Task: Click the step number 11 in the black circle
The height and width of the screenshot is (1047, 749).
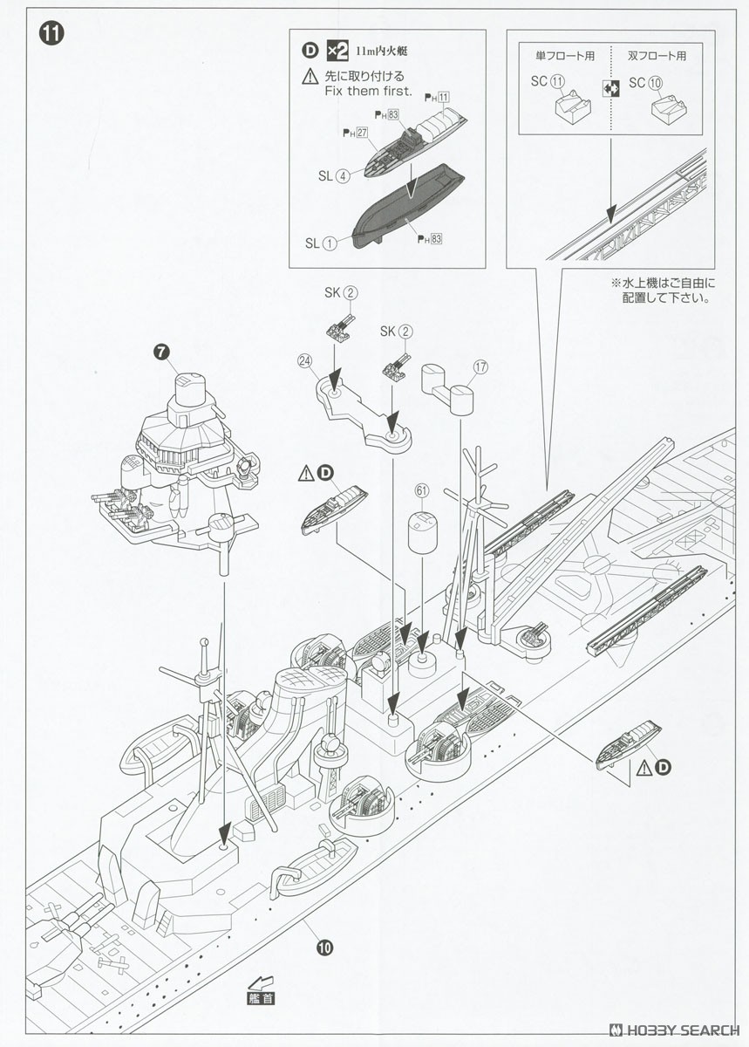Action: [x=50, y=34]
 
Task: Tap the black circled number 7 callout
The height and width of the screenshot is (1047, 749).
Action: [x=160, y=352]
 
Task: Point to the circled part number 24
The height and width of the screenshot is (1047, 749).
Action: [x=304, y=359]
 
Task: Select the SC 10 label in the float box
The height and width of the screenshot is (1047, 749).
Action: [x=647, y=83]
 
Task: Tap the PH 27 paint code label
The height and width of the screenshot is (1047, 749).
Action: [x=354, y=133]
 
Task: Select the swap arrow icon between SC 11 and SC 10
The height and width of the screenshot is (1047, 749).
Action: [x=609, y=86]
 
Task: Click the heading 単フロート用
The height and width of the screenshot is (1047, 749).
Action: [x=565, y=56]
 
